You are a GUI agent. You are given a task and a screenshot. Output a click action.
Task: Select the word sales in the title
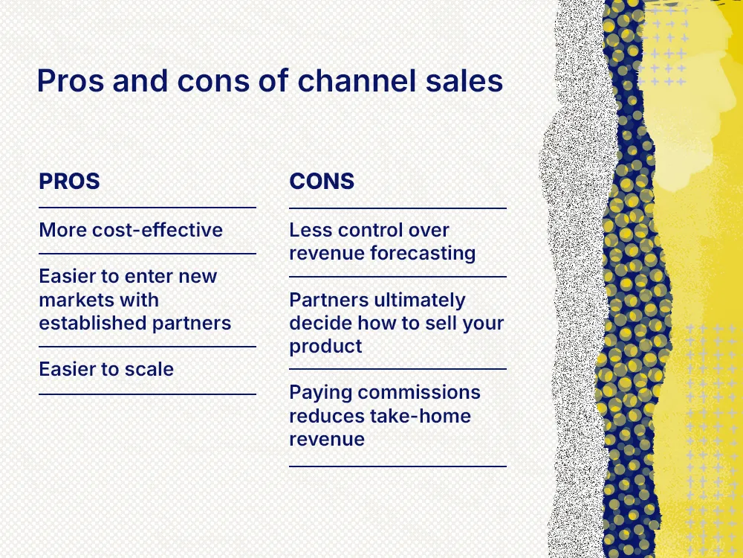pos(467,81)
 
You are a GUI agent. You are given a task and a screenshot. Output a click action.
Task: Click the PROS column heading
pos(69,181)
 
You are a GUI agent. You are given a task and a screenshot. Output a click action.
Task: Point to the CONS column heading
pos(322,181)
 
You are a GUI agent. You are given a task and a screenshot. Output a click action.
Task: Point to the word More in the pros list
pos(63,229)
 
